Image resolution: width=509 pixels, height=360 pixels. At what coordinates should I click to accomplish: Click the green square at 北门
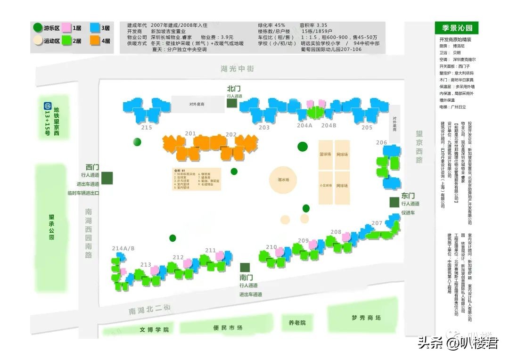[231, 103]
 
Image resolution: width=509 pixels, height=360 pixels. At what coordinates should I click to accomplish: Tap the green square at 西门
[107, 178]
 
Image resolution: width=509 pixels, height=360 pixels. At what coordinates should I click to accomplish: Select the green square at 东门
[394, 202]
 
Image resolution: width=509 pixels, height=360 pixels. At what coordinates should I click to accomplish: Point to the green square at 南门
[244, 267]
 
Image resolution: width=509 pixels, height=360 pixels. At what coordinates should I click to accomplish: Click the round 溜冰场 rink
[283, 180]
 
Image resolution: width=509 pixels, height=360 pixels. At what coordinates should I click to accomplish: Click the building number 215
[147, 128]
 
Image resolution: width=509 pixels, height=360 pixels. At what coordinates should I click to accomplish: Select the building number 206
[381, 143]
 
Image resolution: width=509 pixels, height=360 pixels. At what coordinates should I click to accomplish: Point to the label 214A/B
[123, 248]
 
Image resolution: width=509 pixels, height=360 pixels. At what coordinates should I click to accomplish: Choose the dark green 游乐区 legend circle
[38, 28]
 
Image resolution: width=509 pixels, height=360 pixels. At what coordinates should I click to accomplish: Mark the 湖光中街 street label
[237, 69]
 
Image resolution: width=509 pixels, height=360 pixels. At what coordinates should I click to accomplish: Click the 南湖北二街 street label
[149, 310]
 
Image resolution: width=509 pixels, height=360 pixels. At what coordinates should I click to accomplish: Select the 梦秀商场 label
[366, 318]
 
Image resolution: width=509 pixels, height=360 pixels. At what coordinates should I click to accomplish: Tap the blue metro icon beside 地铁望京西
[47, 107]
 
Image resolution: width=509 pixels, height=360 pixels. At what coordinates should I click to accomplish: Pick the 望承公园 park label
[51, 227]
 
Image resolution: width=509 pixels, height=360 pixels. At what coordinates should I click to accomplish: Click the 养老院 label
[297, 323]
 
